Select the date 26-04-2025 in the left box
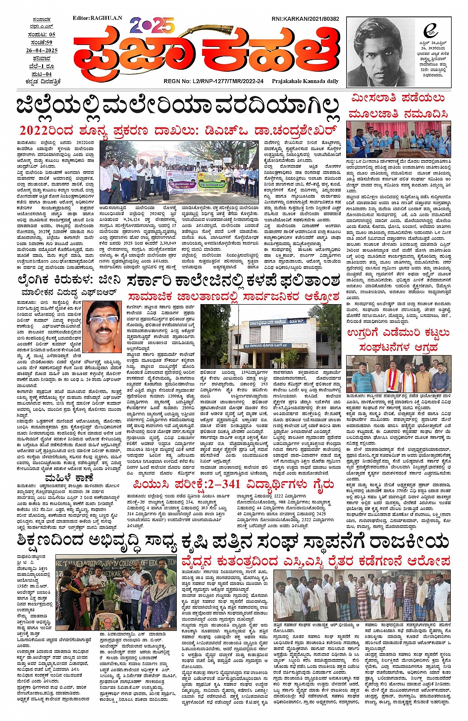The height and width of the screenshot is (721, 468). (42, 50)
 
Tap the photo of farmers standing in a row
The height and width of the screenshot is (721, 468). (362, 596)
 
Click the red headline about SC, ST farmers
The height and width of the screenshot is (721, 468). (316, 561)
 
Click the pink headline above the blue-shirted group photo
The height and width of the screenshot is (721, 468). (398, 105)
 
